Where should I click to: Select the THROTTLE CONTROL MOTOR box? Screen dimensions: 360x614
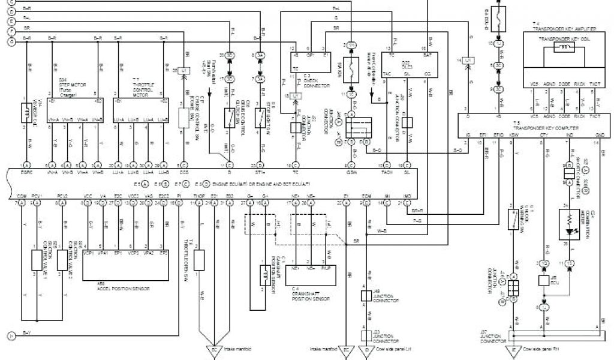141,106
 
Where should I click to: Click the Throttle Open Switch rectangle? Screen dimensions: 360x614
200,260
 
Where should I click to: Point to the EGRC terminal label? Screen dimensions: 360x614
25,172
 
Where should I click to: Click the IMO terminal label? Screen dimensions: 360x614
407,197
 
